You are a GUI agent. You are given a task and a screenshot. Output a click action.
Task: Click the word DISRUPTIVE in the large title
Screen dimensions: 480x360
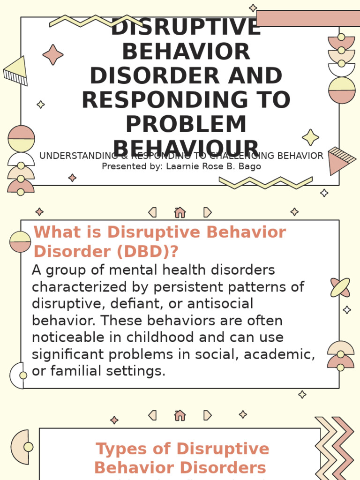186,27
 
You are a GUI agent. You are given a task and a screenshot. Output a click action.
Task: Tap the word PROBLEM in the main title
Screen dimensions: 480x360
186,125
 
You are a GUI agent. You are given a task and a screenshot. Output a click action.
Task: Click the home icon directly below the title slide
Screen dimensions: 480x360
180,212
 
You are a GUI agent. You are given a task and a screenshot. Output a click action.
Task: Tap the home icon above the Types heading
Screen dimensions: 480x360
180,415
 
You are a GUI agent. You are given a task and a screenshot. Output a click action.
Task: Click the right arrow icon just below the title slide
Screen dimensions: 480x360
207,212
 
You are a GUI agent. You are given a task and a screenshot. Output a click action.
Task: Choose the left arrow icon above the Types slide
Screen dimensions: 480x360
152,415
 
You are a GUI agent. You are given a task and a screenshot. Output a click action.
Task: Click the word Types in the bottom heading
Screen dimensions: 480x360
121,449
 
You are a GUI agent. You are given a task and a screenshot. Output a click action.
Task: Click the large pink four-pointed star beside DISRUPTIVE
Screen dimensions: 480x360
53,55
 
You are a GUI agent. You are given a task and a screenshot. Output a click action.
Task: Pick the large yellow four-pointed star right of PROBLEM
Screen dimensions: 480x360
310,137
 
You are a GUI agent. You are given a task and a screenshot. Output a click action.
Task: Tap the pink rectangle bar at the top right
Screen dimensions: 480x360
308,18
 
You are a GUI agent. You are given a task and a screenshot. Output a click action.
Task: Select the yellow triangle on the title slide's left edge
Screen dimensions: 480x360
15,67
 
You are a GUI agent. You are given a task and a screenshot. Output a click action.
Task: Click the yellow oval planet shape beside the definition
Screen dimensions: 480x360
340,287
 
